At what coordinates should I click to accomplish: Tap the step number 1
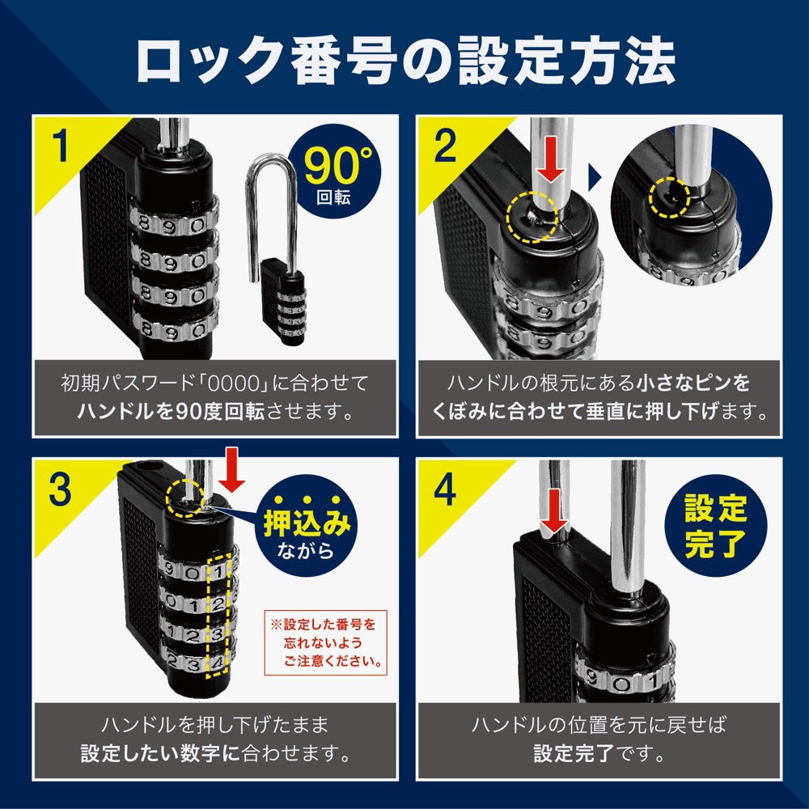[61, 146]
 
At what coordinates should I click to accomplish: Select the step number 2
[445, 146]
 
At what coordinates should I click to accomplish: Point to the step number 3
[60, 489]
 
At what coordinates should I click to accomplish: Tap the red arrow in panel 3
[231, 470]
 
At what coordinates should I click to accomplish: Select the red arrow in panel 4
[553, 510]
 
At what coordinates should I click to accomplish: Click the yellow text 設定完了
[715, 526]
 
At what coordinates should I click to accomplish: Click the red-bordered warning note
[325, 642]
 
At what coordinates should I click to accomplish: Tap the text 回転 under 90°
[334, 197]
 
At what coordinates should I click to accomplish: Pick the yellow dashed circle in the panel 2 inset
[669, 197]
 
